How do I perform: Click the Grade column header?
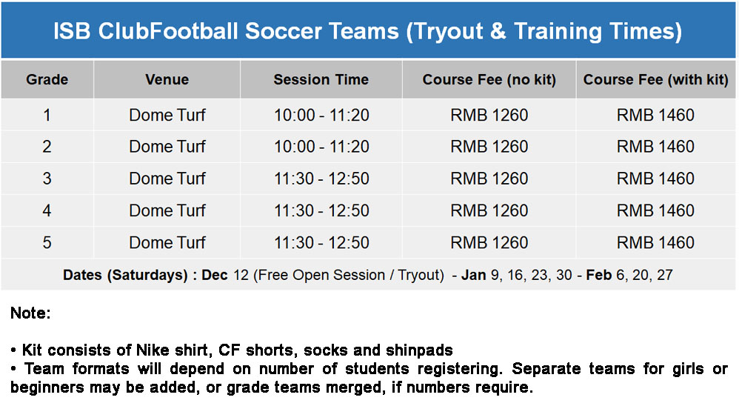pyautogui.click(x=47, y=79)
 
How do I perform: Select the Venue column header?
pyautogui.click(x=167, y=79)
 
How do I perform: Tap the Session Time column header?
pyautogui.click(x=321, y=79)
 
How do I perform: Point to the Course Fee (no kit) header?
pyautogui.click(x=489, y=79)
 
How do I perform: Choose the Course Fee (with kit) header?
pyautogui.click(x=655, y=79)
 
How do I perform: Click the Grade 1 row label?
pyautogui.click(x=47, y=115)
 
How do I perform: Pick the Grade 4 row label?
pyautogui.click(x=47, y=210)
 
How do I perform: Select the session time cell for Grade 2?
pyautogui.click(x=321, y=147)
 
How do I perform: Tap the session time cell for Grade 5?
pyautogui.click(x=321, y=242)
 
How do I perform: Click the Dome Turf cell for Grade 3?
pyautogui.click(x=167, y=179)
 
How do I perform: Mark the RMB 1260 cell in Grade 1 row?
pyautogui.click(x=489, y=115)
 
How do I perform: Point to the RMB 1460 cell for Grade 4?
pyautogui.click(x=655, y=210)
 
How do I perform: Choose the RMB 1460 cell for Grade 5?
pyautogui.click(x=655, y=242)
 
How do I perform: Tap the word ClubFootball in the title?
pyautogui.click(x=168, y=31)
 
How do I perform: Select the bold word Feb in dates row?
pyautogui.click(x=598, y=275)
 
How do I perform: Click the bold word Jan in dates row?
pyautogui.click(x=474, y=275)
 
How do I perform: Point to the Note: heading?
pyautogui.click(x=30, y=313)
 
